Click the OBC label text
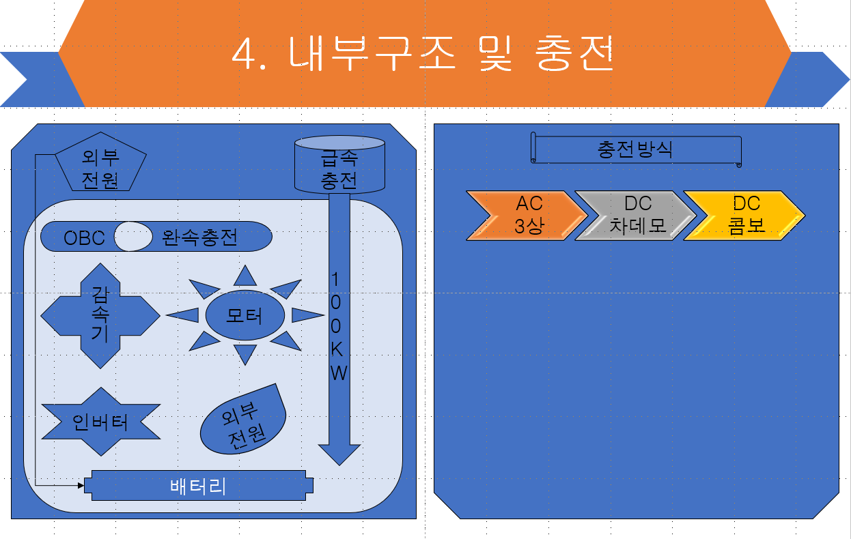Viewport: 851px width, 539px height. [84, 237]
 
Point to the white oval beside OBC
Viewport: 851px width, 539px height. [133, 237]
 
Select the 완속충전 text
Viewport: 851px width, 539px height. [200, 237]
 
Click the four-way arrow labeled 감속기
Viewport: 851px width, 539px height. [100, 315]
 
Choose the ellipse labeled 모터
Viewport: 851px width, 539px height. [245, 315]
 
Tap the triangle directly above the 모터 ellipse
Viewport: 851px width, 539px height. [245, 275]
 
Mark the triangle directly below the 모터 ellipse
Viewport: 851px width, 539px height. [245, 353]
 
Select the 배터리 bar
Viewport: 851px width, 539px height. [198, 486]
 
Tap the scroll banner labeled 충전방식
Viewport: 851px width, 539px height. [635, 149]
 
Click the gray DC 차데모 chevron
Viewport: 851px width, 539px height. [637, 216]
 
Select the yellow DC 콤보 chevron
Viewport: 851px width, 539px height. [745, 216]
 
